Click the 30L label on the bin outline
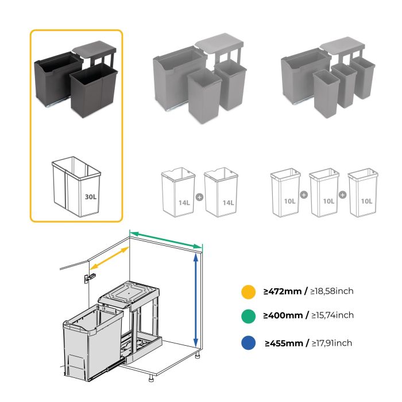pyautogui.click(x=90, y=196)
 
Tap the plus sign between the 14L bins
pyautogui.click(x=199, y=196)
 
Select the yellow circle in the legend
pyautogui.click(x=248, y=291)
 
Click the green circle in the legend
pyautogui.click(x=248, y=315)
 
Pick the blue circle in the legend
pyautogui.click(x=248, y=343)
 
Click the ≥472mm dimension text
pyautogui.click(x=283, y=291)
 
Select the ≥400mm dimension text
pyautogui.click(x=284, y=315)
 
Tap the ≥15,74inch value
pyautogui.click(x=331, y=315)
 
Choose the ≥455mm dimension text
pyautogui.click(x=284, y=343)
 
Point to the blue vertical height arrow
pyautogui.click(x=196, y=299)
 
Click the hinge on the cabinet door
pyautogui.click(x=88, y=277)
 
